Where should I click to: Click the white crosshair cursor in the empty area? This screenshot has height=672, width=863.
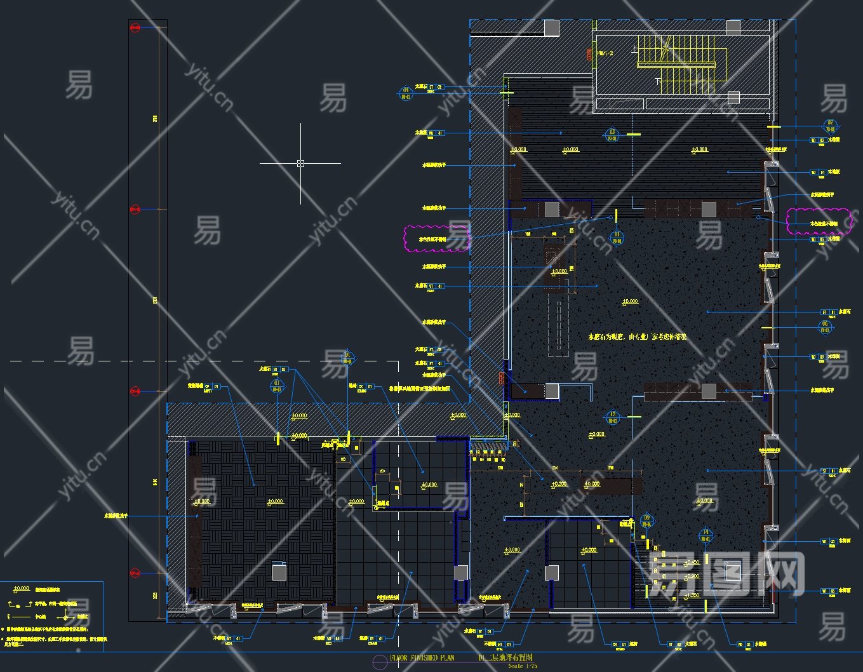pyautogui.click(x=300, y=163)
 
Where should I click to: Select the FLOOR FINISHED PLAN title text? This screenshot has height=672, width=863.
pyautogui.click(x=422, y=658)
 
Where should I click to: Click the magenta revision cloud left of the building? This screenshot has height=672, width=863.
pyautogui.click(x=437, y=239)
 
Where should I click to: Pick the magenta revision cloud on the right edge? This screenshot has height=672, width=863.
pyautogui.click(x=819, y=221)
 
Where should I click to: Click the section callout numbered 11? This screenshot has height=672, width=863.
pyautogui.click(x=617, y=238)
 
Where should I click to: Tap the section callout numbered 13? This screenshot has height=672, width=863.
pyautogui.click(x=612, y=135)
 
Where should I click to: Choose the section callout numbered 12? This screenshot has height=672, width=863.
pyautogui.click(x=612, y=417)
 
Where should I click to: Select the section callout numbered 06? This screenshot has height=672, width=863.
pyautogui.click(x=825, y=327)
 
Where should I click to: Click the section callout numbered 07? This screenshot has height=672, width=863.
pyautogui.click(x=830, y=125)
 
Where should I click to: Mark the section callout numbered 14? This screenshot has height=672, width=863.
pyautogui.click(x=706, y=535)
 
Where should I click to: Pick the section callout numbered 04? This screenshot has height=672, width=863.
pyautogui.click(x=406, y=93)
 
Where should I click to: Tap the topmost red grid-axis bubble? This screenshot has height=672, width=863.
pyautogui.click(x=135, y=28)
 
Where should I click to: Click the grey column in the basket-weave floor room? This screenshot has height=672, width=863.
pyautogui.click(x=279, y=572)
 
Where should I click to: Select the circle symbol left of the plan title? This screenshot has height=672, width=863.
pyautogui.click(x=379, y=662)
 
